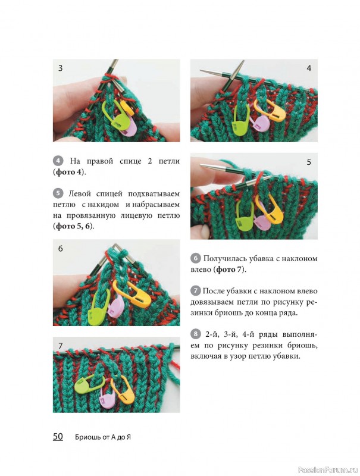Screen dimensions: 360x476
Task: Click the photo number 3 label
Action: pyautogui.click(x=61, y=68)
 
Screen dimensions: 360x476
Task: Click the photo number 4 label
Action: pyautogui.click(x=309, y=68)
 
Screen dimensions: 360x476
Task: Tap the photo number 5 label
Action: pyautogui.click(x=309, y=162)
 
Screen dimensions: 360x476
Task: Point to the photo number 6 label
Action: pyautogui.click(x=61, y=249)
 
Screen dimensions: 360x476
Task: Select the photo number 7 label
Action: pyautogui.click(x=61, y=346)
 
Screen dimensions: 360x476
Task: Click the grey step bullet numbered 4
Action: pyautogui.click(x=58, y=161)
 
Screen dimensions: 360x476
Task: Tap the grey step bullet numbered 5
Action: pyautogui.click(x=58, y=193)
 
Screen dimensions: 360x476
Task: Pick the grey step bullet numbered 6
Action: pyautogui.click(x=196, y=258)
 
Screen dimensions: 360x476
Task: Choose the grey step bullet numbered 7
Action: pyautogui.click(x=196, y=291)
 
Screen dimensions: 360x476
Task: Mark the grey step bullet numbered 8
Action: pyautogui.click(x=196, y=334)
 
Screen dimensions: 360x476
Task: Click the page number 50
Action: pyautogui.click(x=58, y=437)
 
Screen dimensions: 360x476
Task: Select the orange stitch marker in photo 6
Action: pyautogui.click(x=132, y=293)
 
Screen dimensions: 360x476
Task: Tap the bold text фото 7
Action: pyautogui.click(x=230, y=270)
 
